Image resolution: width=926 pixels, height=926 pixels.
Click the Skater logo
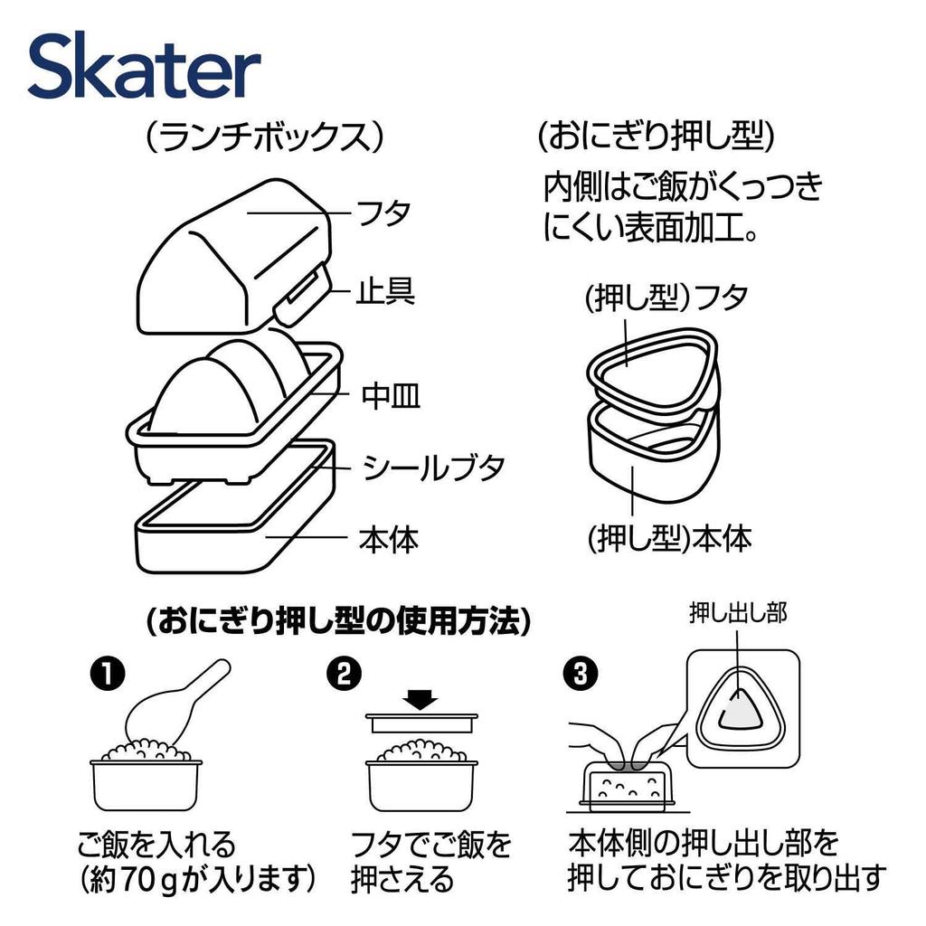pyautogui.click(x=145, y=68)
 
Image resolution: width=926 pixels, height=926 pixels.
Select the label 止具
pyautogui.click(x=384, y=291)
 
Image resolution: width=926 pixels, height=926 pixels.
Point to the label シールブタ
pyautogui.click(x=433, y=468)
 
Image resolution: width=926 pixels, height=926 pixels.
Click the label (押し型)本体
pyautogui.click(x=669, y=539)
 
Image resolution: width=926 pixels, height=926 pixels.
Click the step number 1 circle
pyautogui.click(x=106, y=674)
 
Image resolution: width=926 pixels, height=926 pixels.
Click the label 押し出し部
pyautogui.click(x=738, y=613)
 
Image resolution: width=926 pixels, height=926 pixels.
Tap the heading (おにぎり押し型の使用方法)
pyautogui.click(x=337, y=621)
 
